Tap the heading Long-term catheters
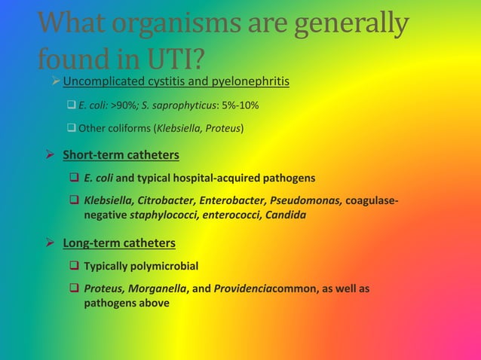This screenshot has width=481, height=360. click(x=119, y=243)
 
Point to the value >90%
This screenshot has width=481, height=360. click(x=124, y=104)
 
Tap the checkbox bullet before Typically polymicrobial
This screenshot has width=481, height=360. click(x=75, y=266)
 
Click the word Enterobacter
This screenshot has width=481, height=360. click(x=234, y=201)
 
